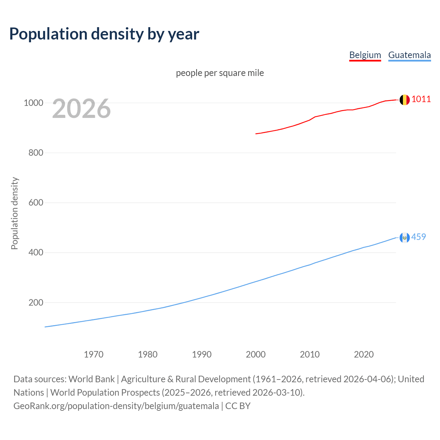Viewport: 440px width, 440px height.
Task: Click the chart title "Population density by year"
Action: [x=104, y=34]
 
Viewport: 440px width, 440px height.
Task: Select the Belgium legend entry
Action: [x=365, y=55]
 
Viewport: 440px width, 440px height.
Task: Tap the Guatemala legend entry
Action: [x=409, y=55]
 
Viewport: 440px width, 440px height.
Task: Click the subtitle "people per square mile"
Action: [x=220, y=73]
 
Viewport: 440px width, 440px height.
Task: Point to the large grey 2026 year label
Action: [x=81, y=109]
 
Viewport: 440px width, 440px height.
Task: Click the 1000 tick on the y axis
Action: [x=33, y=103]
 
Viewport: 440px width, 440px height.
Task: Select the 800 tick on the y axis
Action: [x=36, y=153]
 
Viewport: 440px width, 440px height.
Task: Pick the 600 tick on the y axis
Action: [x=36, y=202]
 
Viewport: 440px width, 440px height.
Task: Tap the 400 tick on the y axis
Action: [x=36, y=253]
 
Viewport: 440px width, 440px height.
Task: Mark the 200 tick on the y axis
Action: [x=36, y=302]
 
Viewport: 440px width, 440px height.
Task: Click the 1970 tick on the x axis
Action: [x=93, y=354]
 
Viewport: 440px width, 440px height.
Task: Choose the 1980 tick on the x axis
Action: [x=147, y=354]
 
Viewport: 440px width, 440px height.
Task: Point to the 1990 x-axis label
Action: [x=202, y=354]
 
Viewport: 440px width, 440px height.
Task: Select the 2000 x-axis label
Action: [x=256, y=354]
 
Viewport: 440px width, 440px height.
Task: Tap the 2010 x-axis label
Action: [x=310, y=354]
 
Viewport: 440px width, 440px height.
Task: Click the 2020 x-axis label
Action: [x=364, y=354]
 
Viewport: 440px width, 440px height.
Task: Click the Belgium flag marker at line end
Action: [x=405, y=100]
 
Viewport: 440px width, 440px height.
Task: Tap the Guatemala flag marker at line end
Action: [x=405, y=238]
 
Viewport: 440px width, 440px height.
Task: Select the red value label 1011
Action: [x=421, y=99]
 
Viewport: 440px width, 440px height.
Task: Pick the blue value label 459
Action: [x=419, y=237]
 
